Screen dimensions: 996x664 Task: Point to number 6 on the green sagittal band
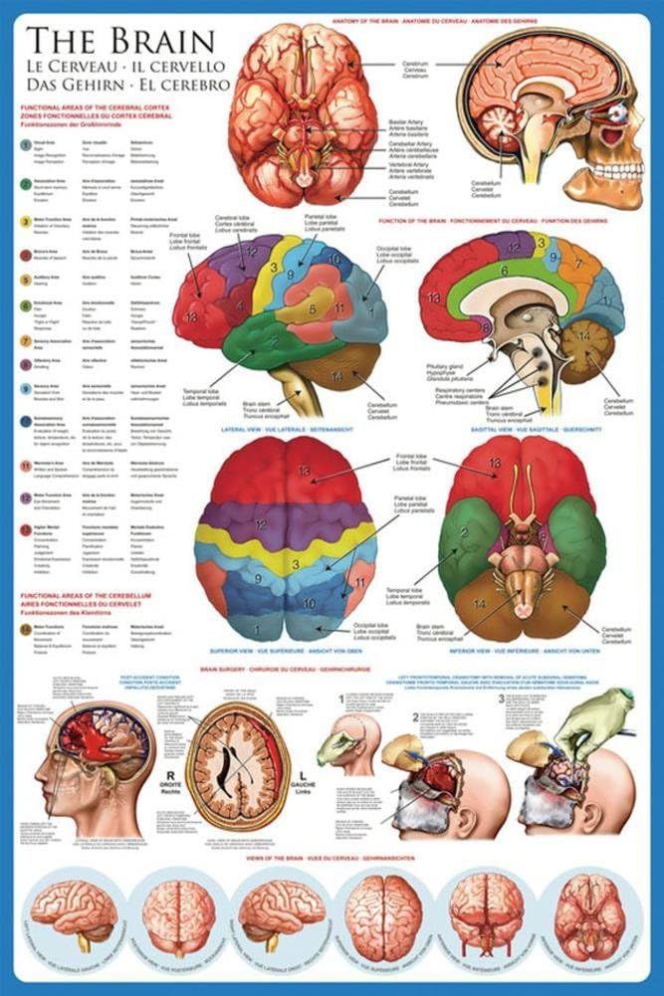pos(505,270)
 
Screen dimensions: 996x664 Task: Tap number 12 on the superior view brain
pos(260,522)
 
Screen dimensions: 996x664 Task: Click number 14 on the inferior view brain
pos(481,604)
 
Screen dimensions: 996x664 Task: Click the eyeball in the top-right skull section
pos(618,111)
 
